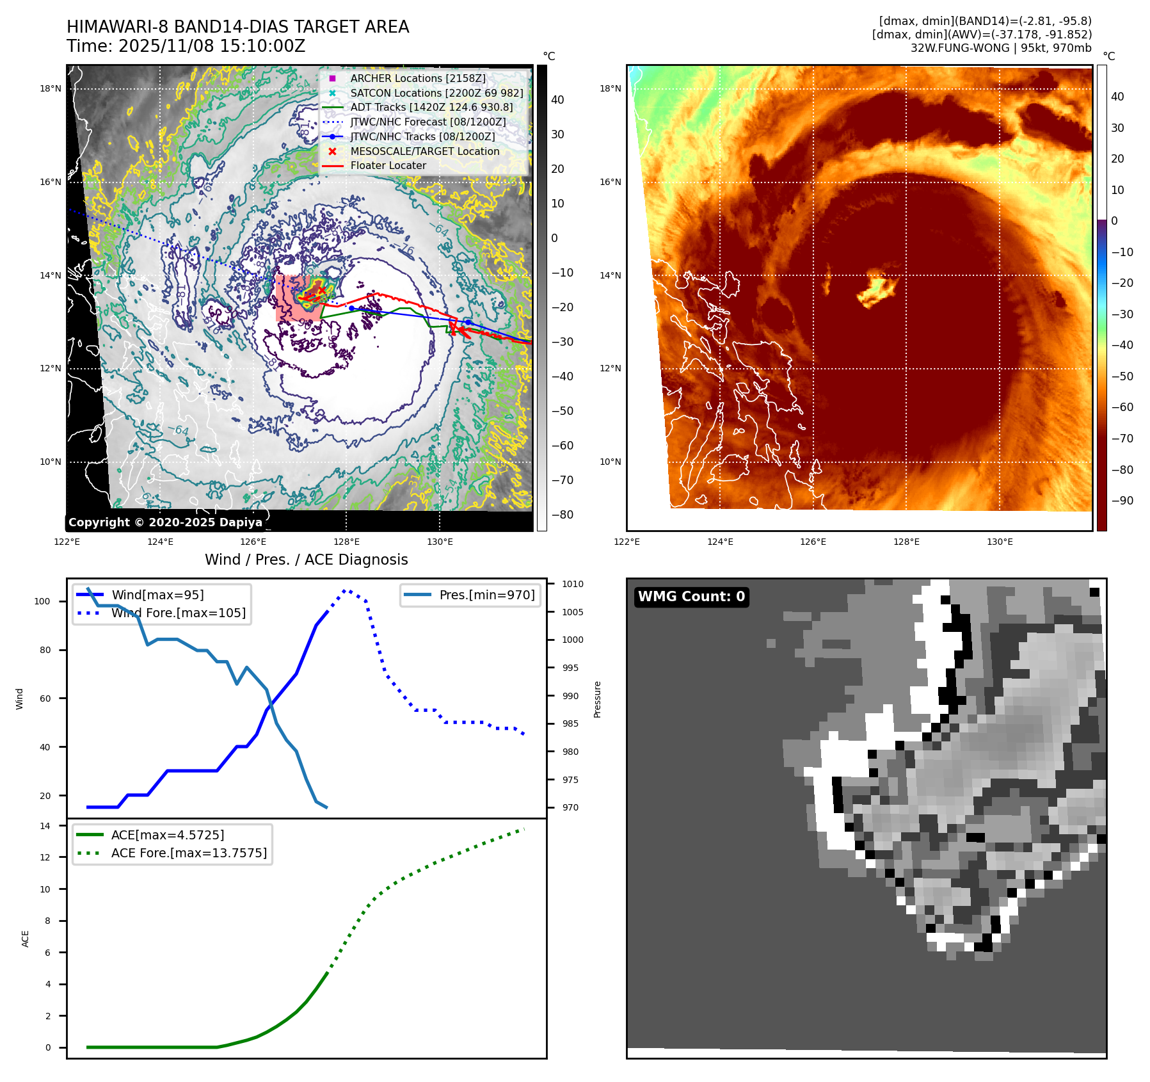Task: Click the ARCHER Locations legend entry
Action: pyautogui.click(x=418, y=78)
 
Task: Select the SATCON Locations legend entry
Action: pyautogui.click(x=436, y=93)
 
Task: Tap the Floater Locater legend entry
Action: pyautogui.click(x=388, y=165)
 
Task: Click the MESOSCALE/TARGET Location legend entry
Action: pyautogui.click(x=424, y=151)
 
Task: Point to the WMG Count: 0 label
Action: pyautogui.click(x=691, y=597)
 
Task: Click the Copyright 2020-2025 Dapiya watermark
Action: pyautogui.click(x=165, y=522)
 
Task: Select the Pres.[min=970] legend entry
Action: pyautogui.click(x=486, y=595)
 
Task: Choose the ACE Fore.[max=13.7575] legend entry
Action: pyautogui.click(x=189, y=853)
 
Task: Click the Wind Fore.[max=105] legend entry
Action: pyautogui.click(x=178, y=613)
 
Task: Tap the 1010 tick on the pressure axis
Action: pyautogui.click(x=572, y=584)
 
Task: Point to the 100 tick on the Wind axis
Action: pyautogui.click(x=42, y=601)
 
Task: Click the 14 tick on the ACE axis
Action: pyautogui.click(x=45, y=826)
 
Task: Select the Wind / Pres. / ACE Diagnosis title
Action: pyautogui.click(x=306, y=560)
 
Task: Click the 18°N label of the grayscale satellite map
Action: pyautogui.click(x=51, y=88)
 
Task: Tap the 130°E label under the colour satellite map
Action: pyautogui.click(x=1000, y=542)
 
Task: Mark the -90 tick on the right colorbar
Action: pyautogui.click(x=1122, y=501)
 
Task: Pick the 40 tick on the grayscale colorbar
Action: pyautogui.click(x=557, y=100)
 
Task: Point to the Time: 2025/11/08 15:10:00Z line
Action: pyautogui.click(x=186, y=46)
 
